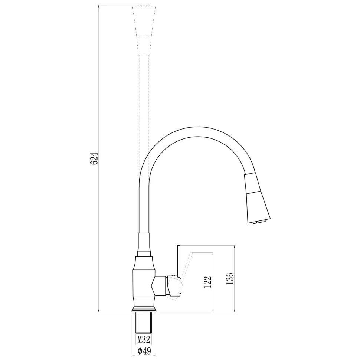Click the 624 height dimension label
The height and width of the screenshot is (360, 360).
pyautogui.click(x=94, y=158)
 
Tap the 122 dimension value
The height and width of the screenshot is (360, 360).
pyautogui.click(x=207, y=282)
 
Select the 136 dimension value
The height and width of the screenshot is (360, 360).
pyautogui.click(x=230, y=278)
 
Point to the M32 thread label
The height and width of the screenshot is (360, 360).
pyautogui.click(x=144, y=339)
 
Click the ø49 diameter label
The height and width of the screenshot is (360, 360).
pyautogui.click(x=144, y=351)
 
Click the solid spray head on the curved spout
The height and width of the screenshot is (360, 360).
pyautogui.click(x=257, y=198)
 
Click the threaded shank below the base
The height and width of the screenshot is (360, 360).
pyautogui.click(x=144, y=323)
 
